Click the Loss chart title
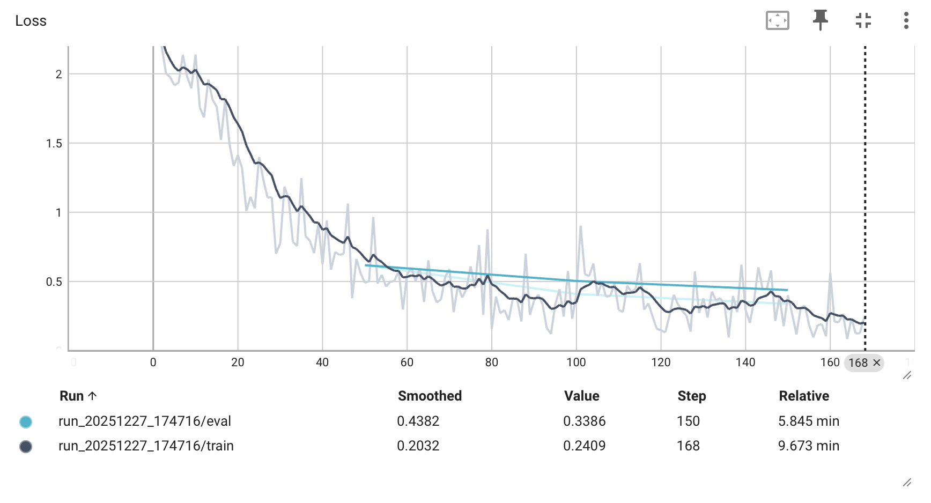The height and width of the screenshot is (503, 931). [31, 21]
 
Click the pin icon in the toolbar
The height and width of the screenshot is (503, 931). [820, 20]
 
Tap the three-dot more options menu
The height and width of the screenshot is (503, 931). [906, 20]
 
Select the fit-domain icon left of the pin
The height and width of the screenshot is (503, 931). [777, 20]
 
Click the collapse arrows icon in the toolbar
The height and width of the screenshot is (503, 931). [863, 20]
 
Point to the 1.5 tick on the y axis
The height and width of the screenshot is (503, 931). [54, 143]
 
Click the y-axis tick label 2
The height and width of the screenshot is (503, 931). [58, 74]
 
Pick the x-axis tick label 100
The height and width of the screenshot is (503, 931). [576, 363]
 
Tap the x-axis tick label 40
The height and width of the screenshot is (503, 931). [322, 363]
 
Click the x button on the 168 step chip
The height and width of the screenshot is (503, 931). [877, 363]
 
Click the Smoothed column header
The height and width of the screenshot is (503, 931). [430, 396]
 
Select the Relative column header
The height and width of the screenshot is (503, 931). [803, 396]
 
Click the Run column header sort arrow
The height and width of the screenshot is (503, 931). [92, 396]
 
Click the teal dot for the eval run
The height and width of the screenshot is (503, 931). [25, 421]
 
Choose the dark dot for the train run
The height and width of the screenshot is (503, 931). [25, 446]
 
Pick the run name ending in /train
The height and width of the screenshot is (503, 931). [146, 446]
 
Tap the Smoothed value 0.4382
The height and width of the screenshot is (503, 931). [418, 421]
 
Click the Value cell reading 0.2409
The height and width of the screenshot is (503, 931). [584, 446]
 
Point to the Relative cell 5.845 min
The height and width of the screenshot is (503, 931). [808, 421]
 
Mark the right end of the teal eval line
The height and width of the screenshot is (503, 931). [787, 290]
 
